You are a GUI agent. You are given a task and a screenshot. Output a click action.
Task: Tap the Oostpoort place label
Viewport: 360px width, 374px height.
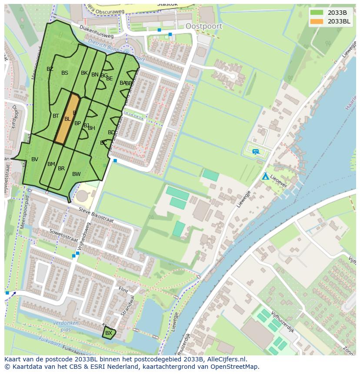click(x=203, y=26)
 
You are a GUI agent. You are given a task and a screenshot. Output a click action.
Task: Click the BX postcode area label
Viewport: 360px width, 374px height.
click(x=109, y=333)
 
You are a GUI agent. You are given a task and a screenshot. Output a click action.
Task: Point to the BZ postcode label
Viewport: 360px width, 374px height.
click(x=50, y=69)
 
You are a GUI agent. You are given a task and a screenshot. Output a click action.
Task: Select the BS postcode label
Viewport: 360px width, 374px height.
click(x=65, y=73)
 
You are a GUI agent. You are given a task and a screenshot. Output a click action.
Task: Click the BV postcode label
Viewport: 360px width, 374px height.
click(x=35, y=159)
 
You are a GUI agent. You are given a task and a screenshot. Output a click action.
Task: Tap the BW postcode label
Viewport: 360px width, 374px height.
click(x=77, y=174)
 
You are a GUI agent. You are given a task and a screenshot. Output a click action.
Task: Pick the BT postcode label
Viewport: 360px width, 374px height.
click(x=56, y=116)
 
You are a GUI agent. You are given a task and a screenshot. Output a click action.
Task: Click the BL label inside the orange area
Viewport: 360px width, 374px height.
click(x=67, y=119)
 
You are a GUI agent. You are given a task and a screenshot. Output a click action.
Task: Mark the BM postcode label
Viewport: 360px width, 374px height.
click(x=51, y=164)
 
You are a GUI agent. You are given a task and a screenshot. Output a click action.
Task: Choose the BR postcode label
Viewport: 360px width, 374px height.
click(x=61, y=169)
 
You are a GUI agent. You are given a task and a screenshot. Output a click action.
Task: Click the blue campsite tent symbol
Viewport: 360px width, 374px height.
click(x=265, y=176)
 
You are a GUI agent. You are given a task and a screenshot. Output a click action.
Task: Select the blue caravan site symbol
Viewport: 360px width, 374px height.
click(x=256, y=152)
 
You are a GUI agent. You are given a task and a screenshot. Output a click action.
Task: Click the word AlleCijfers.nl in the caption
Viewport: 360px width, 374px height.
click(x=225, y=359)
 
